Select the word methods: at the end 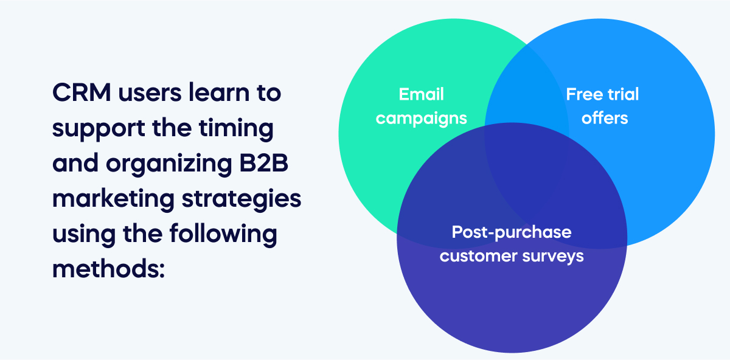(109, 269)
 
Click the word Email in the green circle (421, 94)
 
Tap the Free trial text (602, 94)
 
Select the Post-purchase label (511, 232)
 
